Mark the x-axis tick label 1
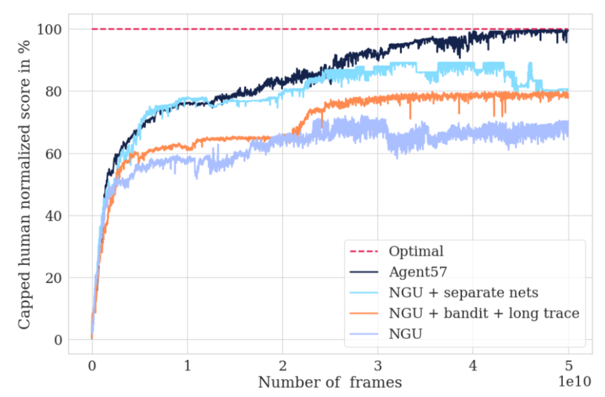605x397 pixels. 187,366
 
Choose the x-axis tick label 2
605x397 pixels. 282,366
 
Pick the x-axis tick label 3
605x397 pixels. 377,366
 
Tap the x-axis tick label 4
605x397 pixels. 473,366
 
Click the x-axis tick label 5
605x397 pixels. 568,366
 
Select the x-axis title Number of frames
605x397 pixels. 330,382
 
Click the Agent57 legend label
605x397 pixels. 419,272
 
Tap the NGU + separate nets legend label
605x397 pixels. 463,293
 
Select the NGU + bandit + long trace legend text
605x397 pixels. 483,314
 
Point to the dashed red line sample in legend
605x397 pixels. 364,251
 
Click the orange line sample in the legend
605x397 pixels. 364,314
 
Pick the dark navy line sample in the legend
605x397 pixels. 364,272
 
